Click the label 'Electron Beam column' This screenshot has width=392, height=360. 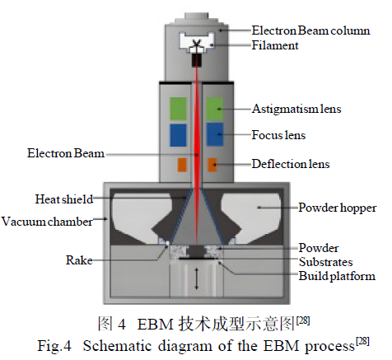[310, 30]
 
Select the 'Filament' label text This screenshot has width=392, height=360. [275, 45]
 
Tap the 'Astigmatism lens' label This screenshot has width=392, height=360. [296, 109]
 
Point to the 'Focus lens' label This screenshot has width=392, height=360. [278, 135]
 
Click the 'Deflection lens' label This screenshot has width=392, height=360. [291, 164]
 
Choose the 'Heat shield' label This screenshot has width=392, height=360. [64, 199]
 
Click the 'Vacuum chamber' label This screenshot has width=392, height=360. [47, 222]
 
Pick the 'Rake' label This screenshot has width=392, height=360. [79, 260]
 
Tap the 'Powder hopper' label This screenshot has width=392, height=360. [338, 208]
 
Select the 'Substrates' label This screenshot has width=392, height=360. [326, 262]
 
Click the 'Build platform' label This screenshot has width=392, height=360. [337, 276]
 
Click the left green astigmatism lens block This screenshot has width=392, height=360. [178, 109]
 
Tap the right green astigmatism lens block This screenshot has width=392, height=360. [214, 109]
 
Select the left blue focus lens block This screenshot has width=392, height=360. [178, 135]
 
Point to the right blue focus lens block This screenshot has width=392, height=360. [214, 134]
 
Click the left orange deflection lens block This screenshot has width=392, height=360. [182, 165]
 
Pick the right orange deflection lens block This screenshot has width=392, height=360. [212, 165]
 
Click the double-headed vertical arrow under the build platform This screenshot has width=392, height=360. [196, 278]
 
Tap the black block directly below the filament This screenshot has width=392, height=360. [197, 60]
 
